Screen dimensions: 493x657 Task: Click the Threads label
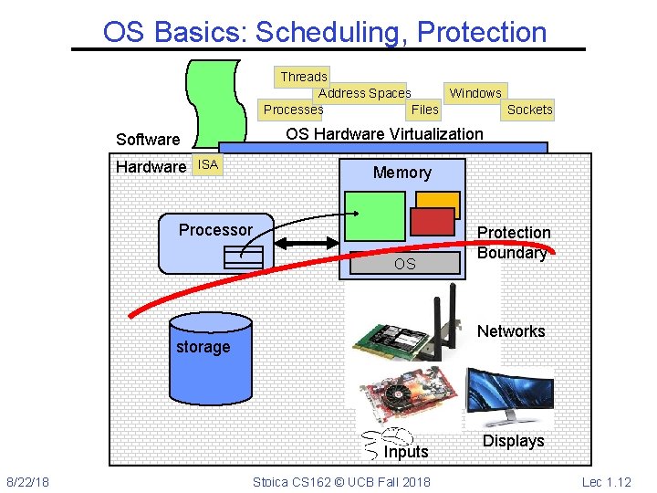coord(303,77)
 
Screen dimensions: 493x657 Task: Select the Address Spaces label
coord(364,93)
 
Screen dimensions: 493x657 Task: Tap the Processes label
coord(293,110)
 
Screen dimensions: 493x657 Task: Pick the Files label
coord(425,110)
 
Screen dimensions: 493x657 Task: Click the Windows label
coord(475,93)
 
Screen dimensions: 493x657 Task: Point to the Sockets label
coord(529,110)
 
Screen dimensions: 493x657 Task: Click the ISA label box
coord(209,164)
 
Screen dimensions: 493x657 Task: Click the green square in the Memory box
coord(374,215)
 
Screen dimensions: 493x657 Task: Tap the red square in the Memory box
coord(433,221)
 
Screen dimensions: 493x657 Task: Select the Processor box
coord(215,242)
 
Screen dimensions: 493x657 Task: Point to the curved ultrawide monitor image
coord(508,398)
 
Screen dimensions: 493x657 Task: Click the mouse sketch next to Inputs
coord(382,442)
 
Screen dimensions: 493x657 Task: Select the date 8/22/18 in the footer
coord(28,481)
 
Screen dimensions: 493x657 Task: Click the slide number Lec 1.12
coord(606,481)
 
